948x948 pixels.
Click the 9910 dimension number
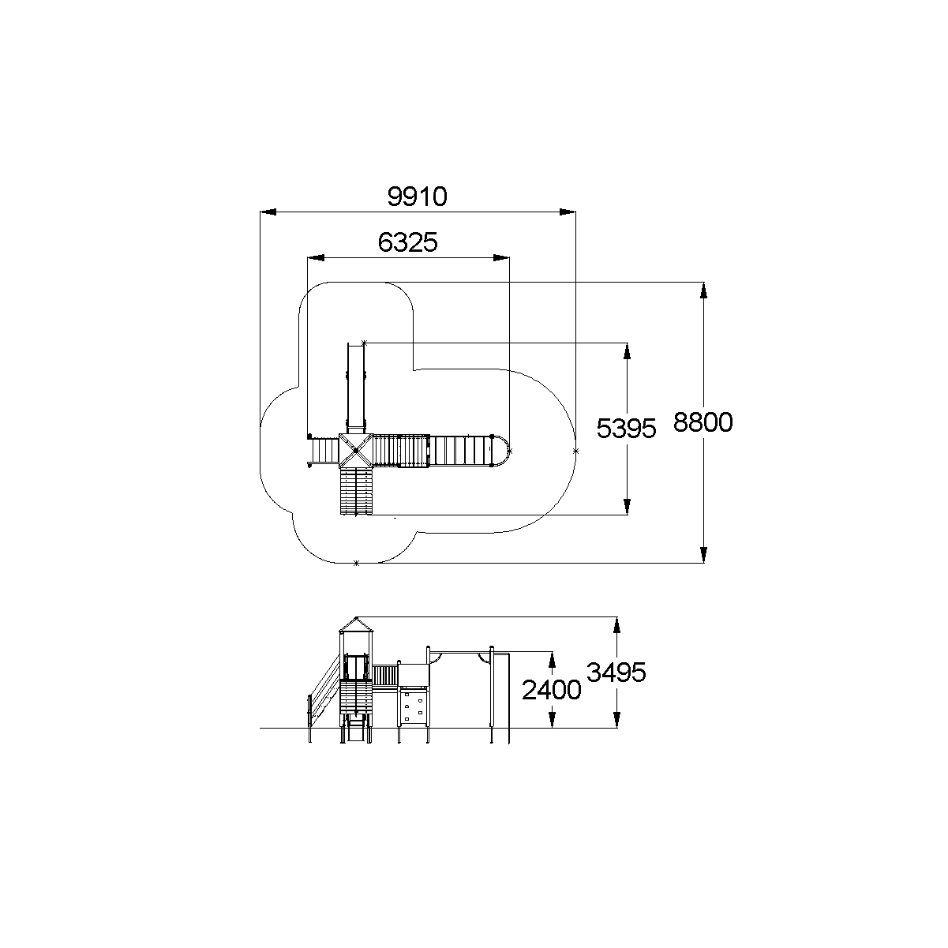coord(417,197)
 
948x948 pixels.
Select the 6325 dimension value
coord(407,242)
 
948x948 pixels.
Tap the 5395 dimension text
coord(626,428)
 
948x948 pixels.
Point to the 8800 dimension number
coord(703,422)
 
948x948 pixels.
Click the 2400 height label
coord(551,690)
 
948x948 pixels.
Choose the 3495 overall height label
coord(616,672)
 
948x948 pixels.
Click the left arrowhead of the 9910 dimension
coord(268,212)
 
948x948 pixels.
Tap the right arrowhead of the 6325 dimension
coord(501,258)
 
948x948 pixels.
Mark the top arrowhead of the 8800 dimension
coord(703,290)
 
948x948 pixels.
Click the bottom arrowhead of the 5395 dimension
coord(627,506)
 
